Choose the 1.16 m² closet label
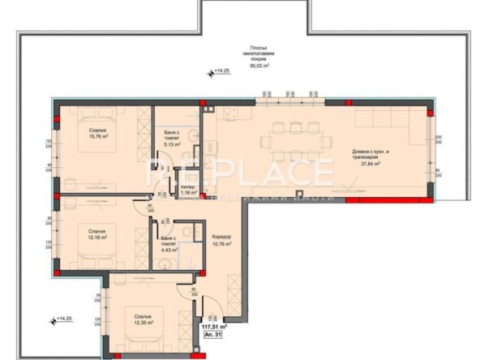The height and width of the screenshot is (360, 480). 187,193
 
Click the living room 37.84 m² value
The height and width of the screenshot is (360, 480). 371,163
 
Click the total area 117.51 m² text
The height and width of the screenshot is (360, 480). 213,328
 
